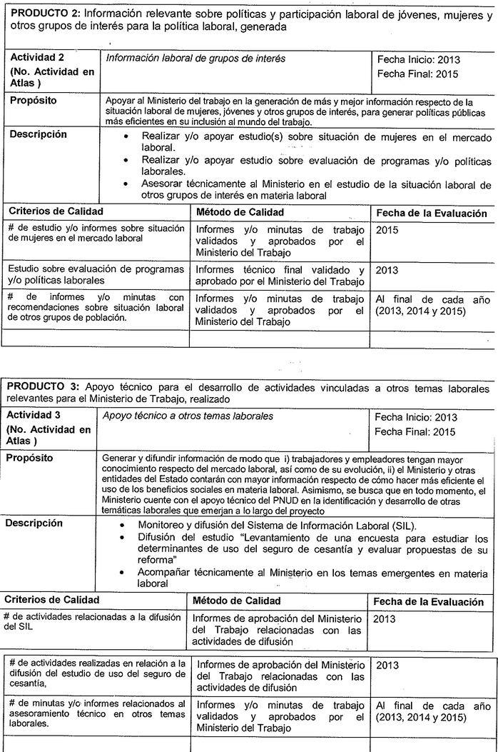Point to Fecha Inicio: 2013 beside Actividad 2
click(417, 60)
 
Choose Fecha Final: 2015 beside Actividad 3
click(416, 431)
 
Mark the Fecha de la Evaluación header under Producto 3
click(428, 602)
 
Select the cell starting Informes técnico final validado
click(280, 275)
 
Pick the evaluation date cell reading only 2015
click(387, 230)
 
